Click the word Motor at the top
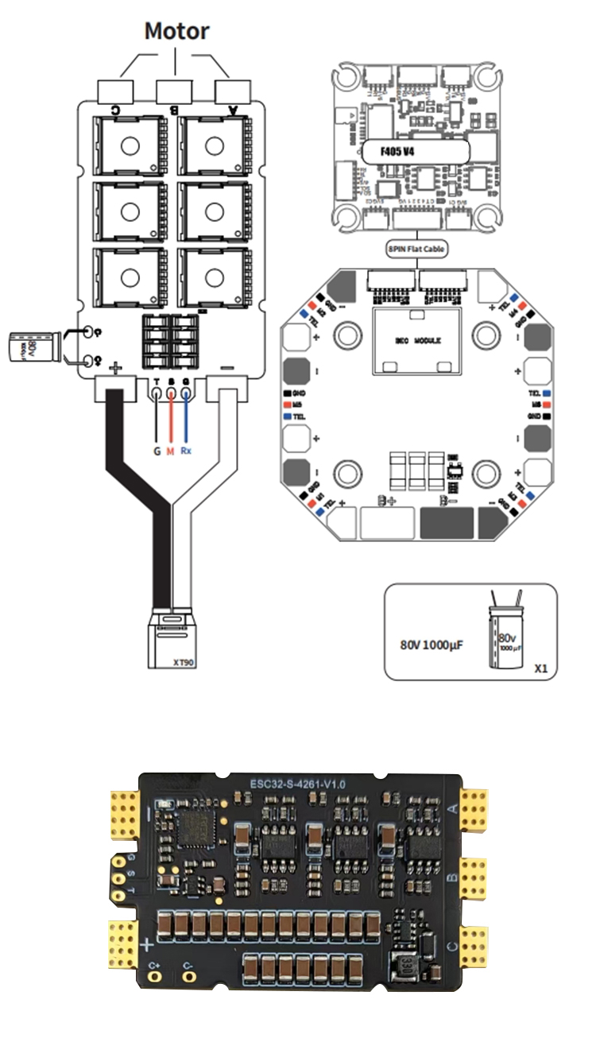click(176, 32)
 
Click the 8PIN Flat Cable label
click(416, 249)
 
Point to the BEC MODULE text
click(417, 339)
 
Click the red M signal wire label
click(170, 452)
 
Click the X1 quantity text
click(541, 668)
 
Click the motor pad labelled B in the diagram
click(173, 90)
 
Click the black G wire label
click(157, 452)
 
